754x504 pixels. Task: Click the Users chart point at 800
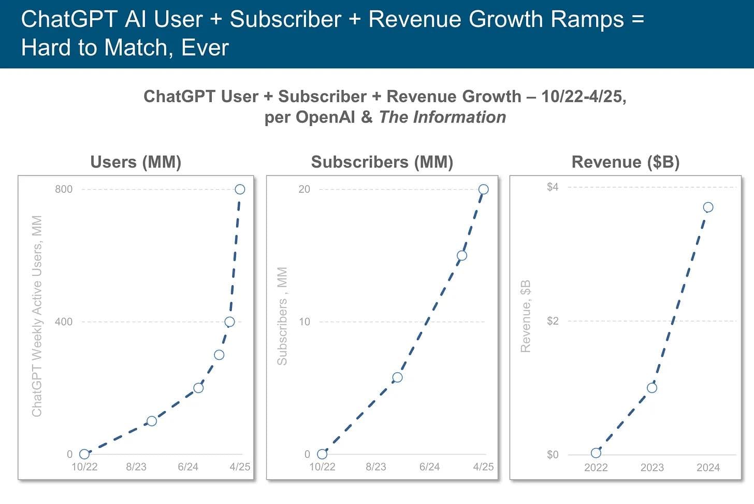point(240,189)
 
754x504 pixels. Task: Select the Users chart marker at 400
point(229,322)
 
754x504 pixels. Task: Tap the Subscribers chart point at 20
point(483,189)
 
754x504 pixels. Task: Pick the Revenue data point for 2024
point(708,207)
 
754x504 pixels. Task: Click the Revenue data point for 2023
point(652,388)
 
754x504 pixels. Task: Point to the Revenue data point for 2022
point(596,453)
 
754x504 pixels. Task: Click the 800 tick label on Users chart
point(64,189)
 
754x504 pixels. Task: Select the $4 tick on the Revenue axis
point(553,187)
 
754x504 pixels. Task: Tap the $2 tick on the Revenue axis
point(553,321)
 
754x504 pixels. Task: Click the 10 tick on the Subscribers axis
point(304,322)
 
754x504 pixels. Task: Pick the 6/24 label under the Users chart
point(188,467)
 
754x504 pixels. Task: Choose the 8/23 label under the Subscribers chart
point(376,467)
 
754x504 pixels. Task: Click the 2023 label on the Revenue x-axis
point(652,468)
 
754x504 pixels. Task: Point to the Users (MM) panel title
point(136,162)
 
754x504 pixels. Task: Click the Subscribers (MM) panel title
point(382,162)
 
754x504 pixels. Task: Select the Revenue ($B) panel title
point(626,162)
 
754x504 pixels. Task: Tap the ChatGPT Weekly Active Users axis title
point(37,316)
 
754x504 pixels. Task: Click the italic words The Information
point(442,117)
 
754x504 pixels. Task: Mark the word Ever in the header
point(205,48)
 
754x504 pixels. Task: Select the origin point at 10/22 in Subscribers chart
point(322,454)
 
